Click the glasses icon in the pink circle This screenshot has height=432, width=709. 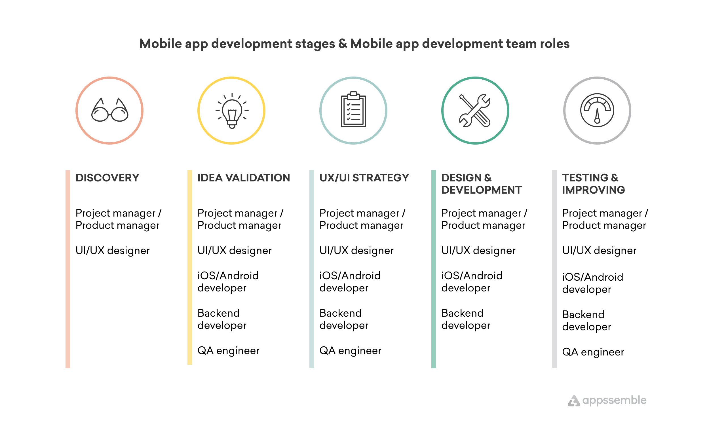point(110,110)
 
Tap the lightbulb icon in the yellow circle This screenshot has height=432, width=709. point(232,111)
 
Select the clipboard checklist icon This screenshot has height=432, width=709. point(353,109)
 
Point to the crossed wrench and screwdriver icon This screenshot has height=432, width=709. point(475,111)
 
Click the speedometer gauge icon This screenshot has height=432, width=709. point(597,110)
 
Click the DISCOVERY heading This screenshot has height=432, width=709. point(107,178)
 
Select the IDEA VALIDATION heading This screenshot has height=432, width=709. point(244,178)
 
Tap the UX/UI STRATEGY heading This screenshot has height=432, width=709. point(364,178)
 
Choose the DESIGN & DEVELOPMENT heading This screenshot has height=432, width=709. point(481,184)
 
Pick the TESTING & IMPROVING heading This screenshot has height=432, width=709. point(594,184)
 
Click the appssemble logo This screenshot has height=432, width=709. point(607,400)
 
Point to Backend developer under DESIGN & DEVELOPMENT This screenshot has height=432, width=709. point(466,319)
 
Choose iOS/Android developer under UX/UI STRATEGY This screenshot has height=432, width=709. point(350,282)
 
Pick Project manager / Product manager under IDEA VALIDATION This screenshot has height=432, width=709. point(240,219)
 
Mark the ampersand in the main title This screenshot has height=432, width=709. point(343,43)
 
